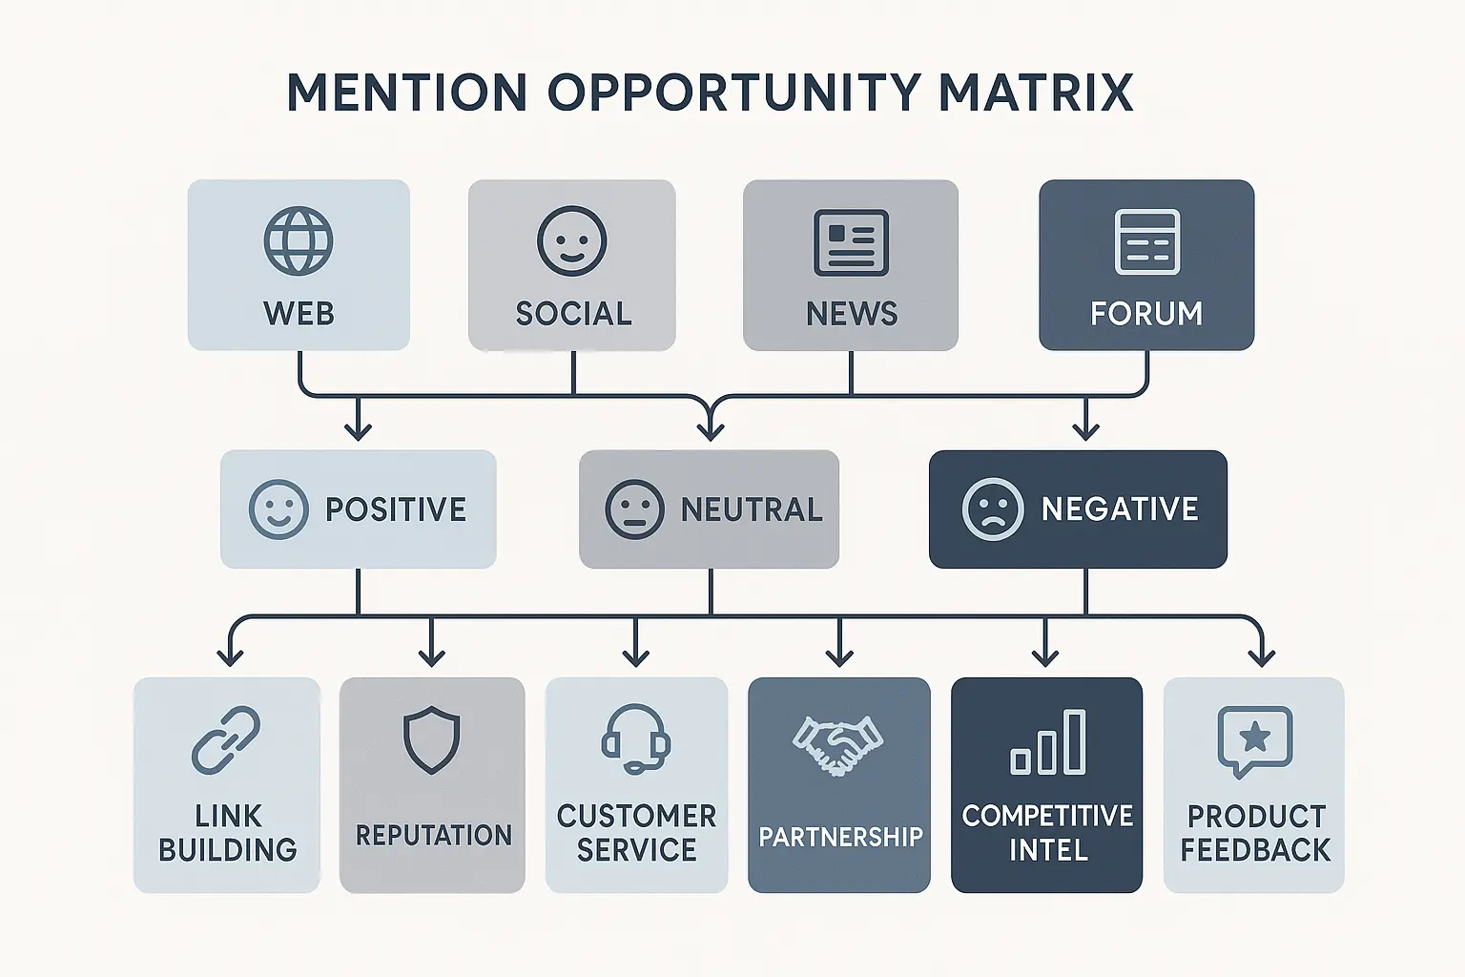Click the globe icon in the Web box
pos(299,240)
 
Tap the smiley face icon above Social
pos(572,241)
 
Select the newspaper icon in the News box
pos(851,242)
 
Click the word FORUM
pos(1146,314)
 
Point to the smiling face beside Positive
pos(279,509)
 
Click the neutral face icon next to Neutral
pos(634,509)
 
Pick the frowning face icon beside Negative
pos(993,509)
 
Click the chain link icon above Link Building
pos(226,740)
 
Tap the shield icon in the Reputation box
pos(432,739)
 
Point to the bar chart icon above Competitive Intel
pos(1047,742)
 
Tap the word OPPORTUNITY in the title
pos(733,94)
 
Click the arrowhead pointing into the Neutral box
pos(711,431)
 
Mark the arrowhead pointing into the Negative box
pos(1085,431)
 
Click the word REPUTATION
pos(433,836)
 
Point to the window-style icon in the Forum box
pos(1146,242)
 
